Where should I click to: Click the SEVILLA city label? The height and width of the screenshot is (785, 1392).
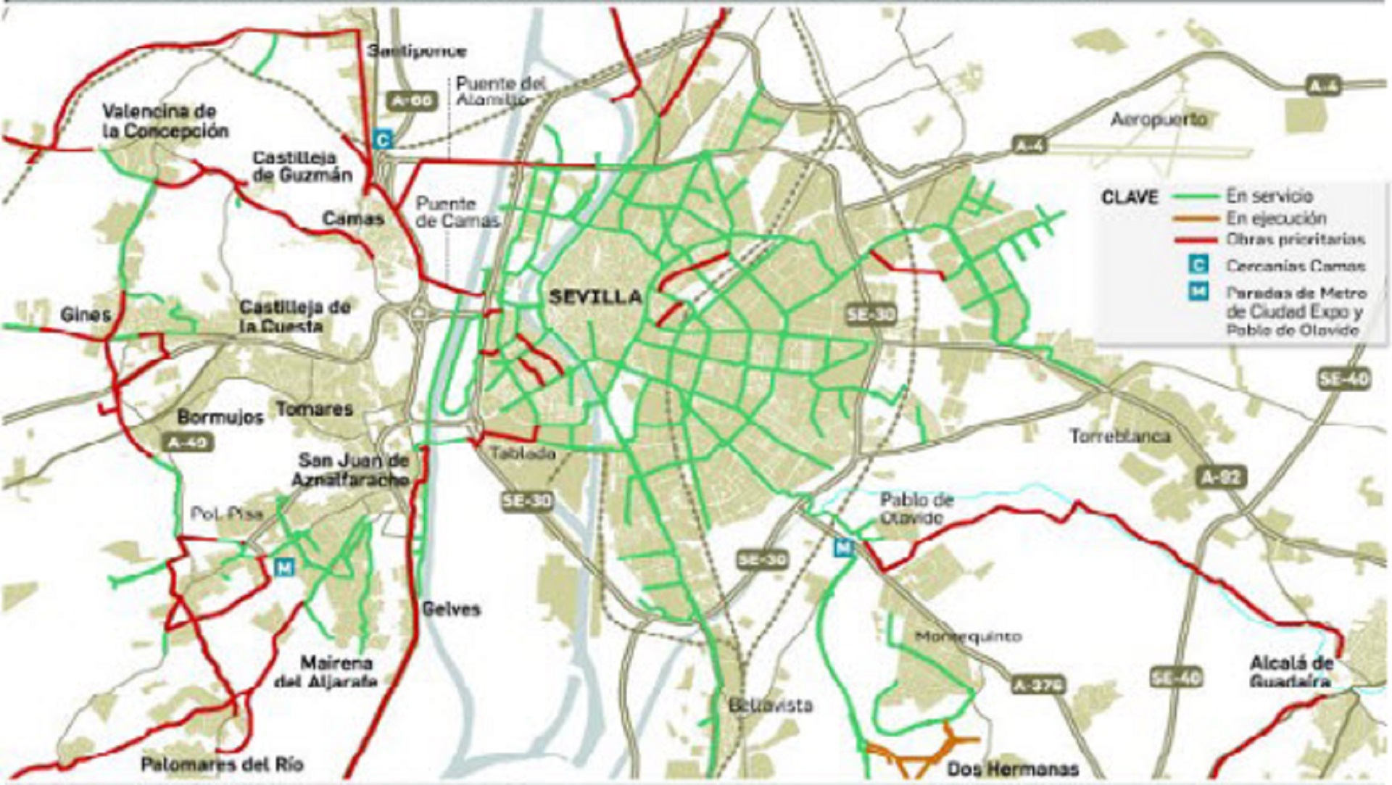pos(595,297)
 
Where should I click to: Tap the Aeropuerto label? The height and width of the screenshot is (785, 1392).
pos(1159,119)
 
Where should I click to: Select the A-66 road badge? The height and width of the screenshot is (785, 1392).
pos(412,101)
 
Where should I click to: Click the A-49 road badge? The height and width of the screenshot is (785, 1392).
pos(188,441)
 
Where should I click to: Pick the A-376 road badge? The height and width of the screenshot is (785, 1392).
pos(1038,684)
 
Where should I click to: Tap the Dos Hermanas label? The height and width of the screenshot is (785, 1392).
pos(1013,769)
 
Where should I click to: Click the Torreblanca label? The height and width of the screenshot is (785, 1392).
pos(1120,436)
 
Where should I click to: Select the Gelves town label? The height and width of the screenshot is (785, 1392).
pos(451,609)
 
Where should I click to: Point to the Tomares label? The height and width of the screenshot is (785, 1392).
pos(314,409)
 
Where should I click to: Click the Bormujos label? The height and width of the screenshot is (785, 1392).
pos(220,418)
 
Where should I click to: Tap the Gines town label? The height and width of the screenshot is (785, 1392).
pos(86,315)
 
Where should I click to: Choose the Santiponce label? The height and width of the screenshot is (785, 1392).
pos(416,51)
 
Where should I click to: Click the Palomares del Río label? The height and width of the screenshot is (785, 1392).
pos(222,764)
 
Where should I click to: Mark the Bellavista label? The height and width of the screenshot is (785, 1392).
pos(771,705)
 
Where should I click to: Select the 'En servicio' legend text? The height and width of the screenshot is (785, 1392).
pos(1269,196)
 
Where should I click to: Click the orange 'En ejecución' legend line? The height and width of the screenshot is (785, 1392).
pos(1196,218)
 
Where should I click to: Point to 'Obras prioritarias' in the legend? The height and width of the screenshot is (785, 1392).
pos(1296,239)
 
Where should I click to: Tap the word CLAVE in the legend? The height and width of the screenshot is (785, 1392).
pos(1130,197)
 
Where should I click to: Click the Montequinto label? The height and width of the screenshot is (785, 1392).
pos(968,636)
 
